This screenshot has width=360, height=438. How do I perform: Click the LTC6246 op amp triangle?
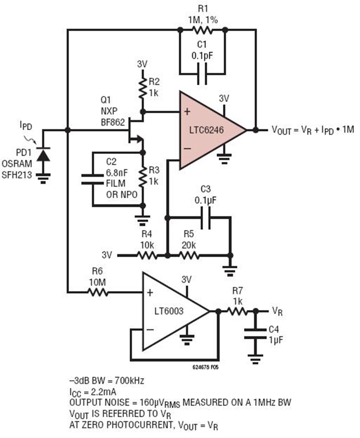click(208, 130)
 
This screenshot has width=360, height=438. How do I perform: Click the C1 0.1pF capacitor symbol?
click(202, 74)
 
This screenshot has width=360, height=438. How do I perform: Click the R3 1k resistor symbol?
click(142, 176)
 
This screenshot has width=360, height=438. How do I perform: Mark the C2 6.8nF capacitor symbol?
click(92, 179)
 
